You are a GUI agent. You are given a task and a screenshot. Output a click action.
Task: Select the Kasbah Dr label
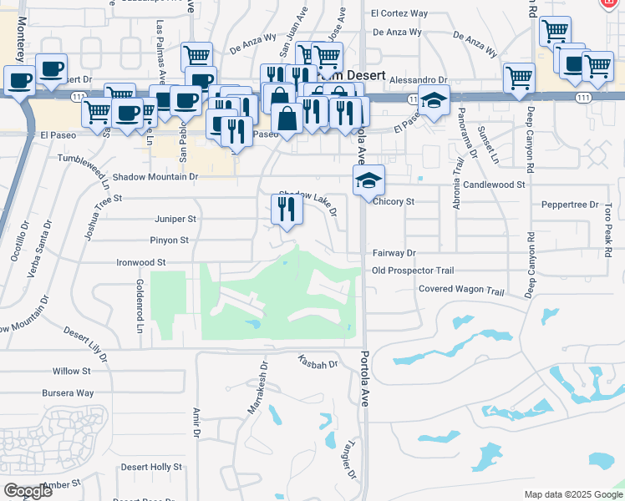pos(318,363)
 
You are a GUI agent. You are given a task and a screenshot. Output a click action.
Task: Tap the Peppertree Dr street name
pos(571,205)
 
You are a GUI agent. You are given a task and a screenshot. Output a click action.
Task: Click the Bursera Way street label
pos(68,392)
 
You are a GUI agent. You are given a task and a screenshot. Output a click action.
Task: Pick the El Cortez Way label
pos(399,14)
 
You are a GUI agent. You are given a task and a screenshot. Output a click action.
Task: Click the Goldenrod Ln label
pos(139,302)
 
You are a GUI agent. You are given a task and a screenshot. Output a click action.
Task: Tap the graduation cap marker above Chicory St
pos(368,180)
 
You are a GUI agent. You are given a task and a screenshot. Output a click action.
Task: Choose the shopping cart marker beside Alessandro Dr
pos(519,78)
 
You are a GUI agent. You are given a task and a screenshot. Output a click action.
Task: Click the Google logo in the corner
pos(28,491)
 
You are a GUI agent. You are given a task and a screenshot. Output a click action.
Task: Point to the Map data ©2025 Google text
pos(573,494)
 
